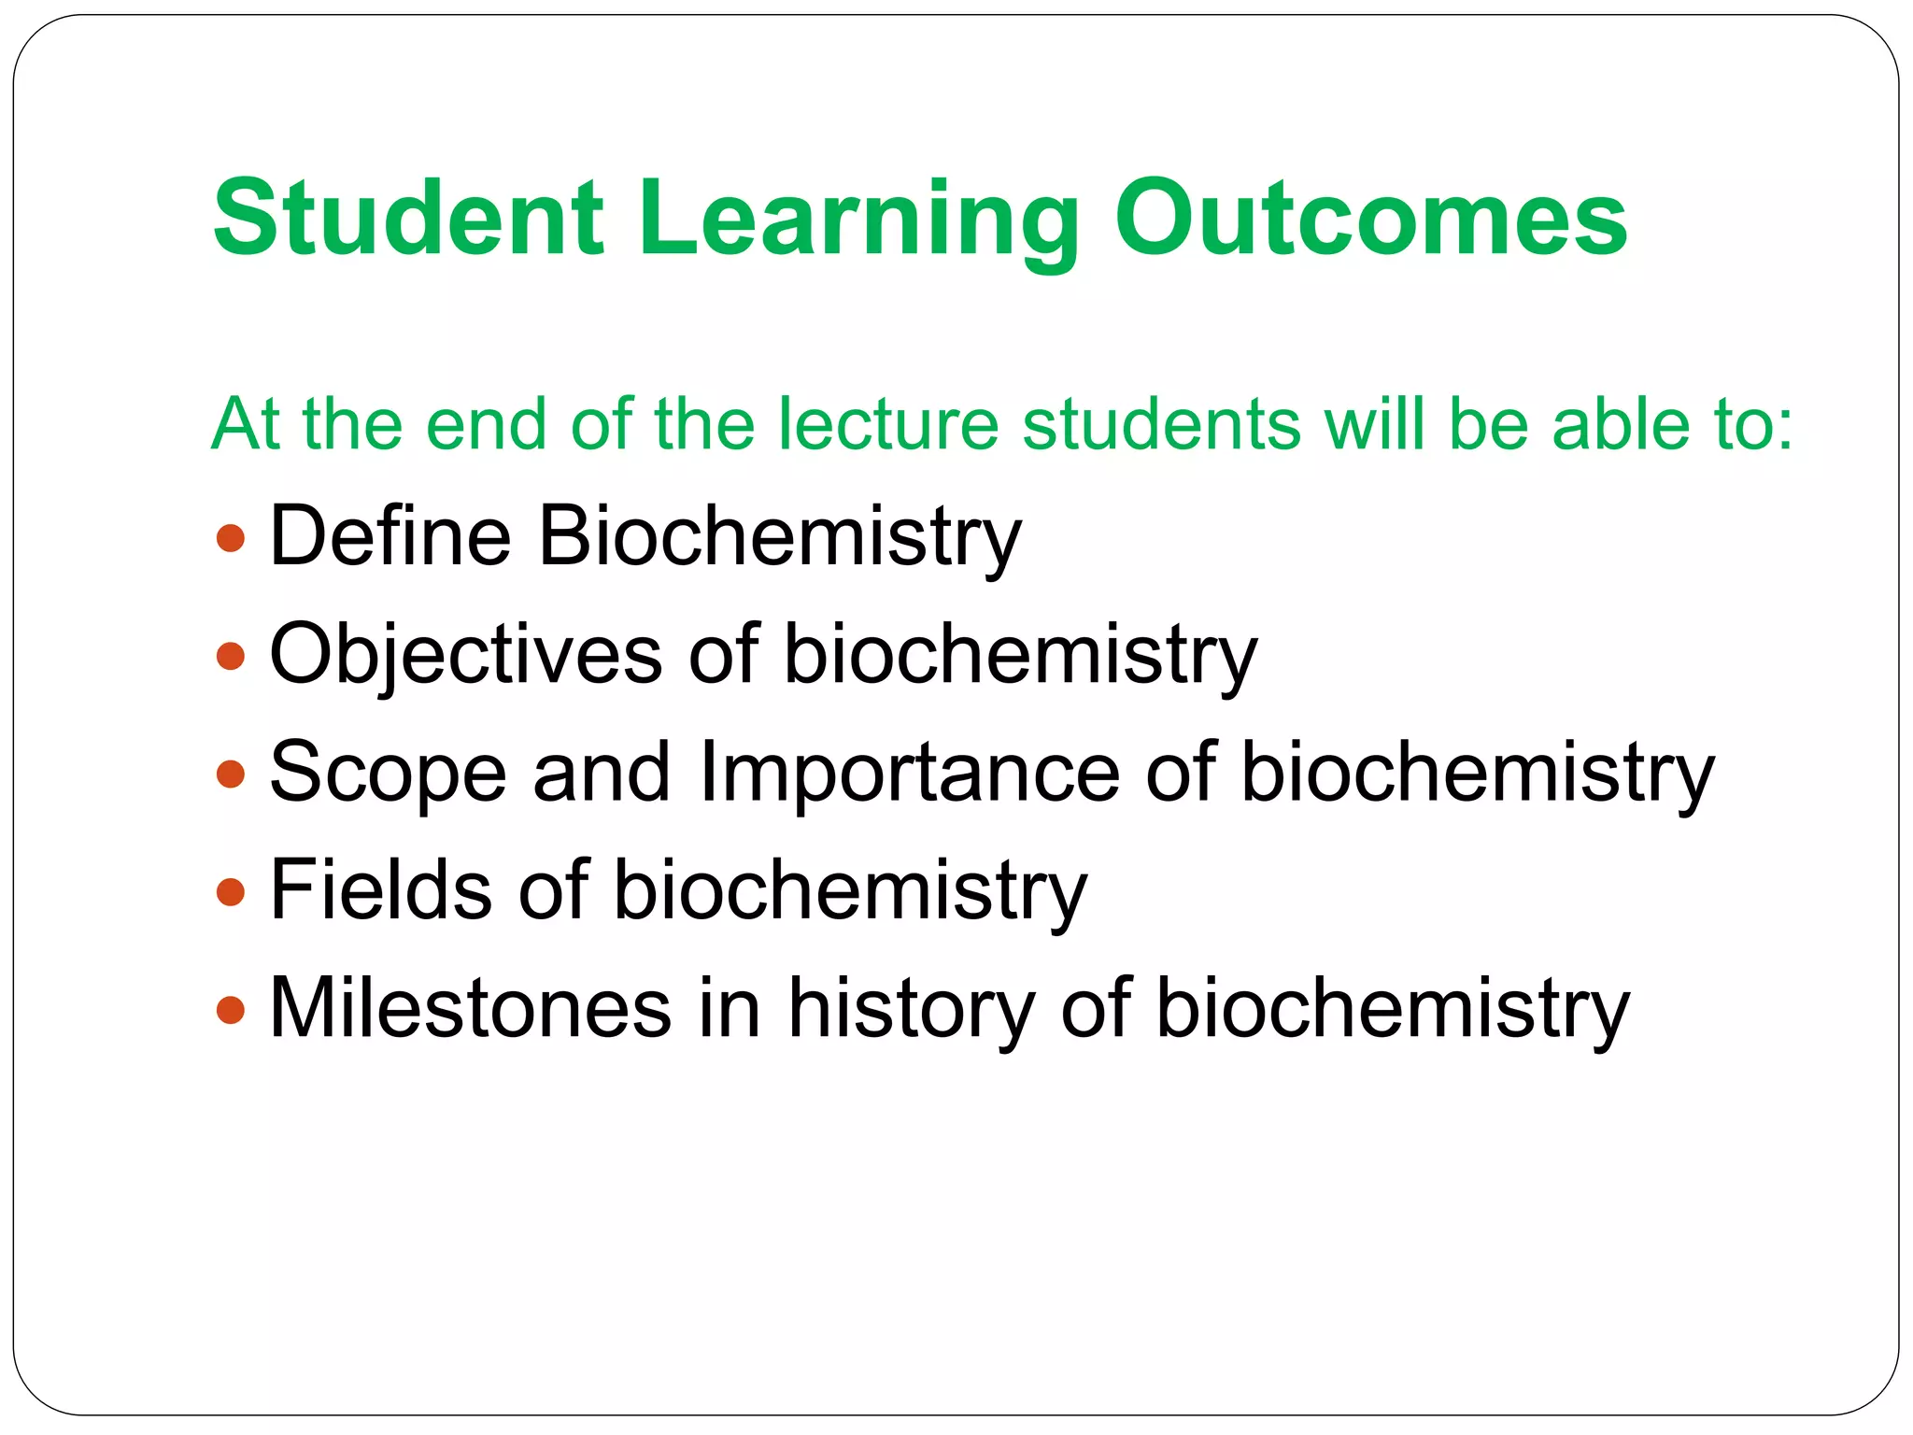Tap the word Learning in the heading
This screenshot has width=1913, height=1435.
tap(857, 222)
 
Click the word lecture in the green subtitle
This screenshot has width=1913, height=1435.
tap(888, 424)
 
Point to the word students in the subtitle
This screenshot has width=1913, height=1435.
tap(1161, 424)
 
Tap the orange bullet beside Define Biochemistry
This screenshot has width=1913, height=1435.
tap(230, 538)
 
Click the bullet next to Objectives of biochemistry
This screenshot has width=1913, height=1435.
tap(230, 656)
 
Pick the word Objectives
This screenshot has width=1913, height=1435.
tap(465, 656)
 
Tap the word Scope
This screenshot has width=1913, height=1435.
tap(388, 774)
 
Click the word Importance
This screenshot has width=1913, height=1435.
tap(908, 774)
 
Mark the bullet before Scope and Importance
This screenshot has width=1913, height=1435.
tap(230, 774)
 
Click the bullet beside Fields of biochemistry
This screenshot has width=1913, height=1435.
tap(230, 891)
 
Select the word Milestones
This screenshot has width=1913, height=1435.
tap(470, 1008)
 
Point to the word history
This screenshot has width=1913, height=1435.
tap(911, 1010)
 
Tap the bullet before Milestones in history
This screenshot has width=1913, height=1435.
tap(230, 1009)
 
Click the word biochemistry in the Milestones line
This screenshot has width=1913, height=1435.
tap(1392, 1010)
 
